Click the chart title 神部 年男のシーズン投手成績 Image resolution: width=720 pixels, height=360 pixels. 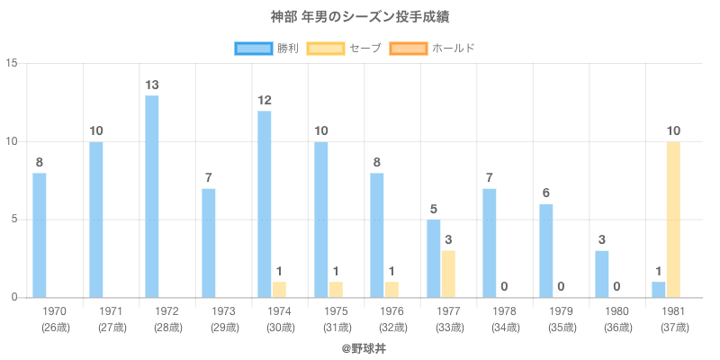click(x=360, y=17)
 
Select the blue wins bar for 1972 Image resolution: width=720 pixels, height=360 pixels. click(x=152, y=196)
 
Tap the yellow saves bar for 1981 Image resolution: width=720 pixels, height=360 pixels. click(x=673, y=220)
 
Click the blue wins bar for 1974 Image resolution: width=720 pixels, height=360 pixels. click(x=265, y=203)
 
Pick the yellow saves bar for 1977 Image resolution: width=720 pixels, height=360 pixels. click(x=448, y=274)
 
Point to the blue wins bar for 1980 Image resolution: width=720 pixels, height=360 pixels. click(x=602, y=274)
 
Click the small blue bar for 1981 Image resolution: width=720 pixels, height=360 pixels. click(x=659, y=289)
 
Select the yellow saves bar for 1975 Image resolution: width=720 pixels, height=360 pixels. click(x=336, y=289)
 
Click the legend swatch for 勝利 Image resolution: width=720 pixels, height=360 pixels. click(x=254, y=48)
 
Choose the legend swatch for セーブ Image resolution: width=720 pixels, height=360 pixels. click(x=326, y=48)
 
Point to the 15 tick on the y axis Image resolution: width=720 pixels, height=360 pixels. click(x=12, y=64)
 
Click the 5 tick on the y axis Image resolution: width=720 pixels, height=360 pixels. click(x=14, y=220)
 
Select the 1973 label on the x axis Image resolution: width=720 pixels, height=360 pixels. click(x=222, y=311)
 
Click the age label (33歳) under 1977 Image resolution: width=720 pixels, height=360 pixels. click(x=448, y=327)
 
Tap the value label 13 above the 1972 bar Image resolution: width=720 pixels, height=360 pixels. click(x=152, y=85)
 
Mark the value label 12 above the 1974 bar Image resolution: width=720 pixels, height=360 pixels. click(x=265, y=100)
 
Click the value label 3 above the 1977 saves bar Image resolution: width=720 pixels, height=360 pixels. click(x=448, y=239)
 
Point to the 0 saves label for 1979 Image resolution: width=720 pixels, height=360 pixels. click(x=561, y=286)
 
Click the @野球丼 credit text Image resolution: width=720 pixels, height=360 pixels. click(x=360, y=346)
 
